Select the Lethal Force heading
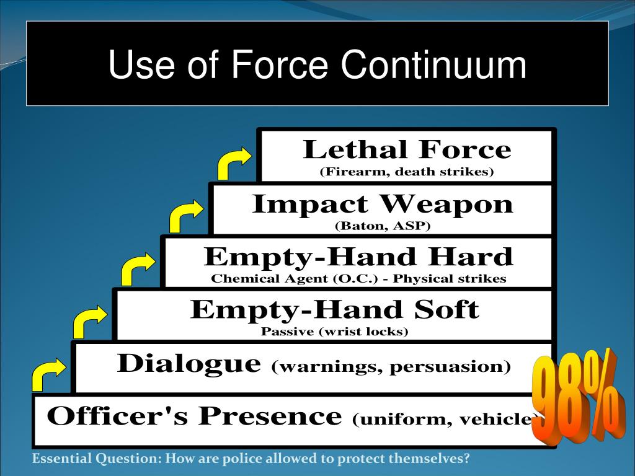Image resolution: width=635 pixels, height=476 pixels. [407, 150]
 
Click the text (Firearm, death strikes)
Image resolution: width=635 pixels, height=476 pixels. [407, 172]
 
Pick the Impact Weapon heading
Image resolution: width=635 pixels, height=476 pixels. [383, 204]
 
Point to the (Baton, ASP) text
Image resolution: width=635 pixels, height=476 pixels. [383, 226]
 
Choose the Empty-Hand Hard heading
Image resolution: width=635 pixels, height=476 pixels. [358, 256]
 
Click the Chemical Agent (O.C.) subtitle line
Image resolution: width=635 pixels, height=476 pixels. [358, 279]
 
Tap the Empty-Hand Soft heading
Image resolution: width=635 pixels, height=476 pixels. [335, 309]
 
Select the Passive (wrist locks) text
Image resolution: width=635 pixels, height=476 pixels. [335, 332]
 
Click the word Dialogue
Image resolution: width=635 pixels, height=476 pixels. [189, 363]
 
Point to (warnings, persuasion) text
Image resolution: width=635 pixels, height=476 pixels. [391, 366]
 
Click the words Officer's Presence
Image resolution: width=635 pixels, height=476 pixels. [194, 416]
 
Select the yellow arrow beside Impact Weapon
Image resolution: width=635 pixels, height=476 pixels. [185, 216]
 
